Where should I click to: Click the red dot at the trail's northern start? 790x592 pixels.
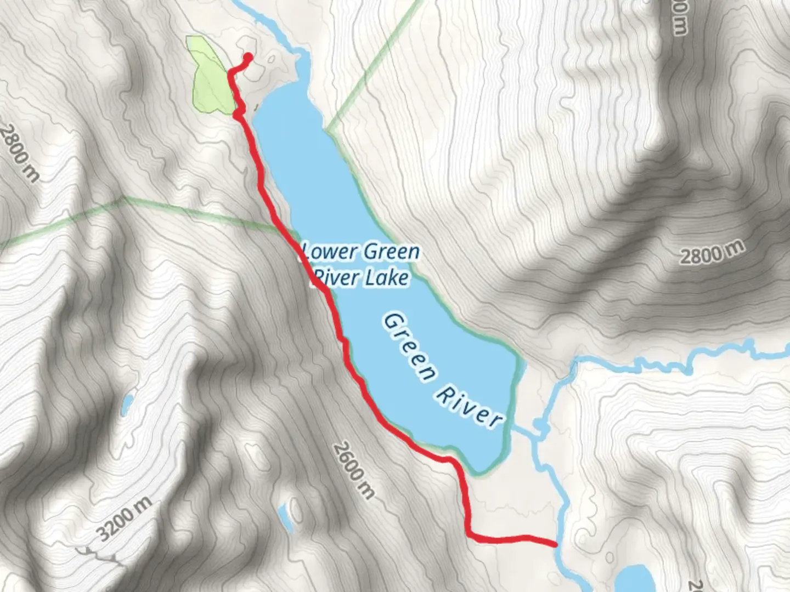[247, 56]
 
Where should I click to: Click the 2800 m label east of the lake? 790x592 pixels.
[712, 253]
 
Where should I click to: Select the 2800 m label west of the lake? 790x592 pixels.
[20, 153]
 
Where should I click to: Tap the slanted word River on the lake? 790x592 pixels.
[469, 405]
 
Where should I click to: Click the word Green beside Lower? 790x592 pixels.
[391, 252]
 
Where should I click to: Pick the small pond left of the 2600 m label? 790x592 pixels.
[285, 515]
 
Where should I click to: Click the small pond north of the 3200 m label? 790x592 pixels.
[127, 405]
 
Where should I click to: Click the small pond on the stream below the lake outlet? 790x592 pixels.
[538, 426]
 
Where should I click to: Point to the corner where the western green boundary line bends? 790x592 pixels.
[125, 198]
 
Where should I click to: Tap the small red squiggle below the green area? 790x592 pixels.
[239, 111]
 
